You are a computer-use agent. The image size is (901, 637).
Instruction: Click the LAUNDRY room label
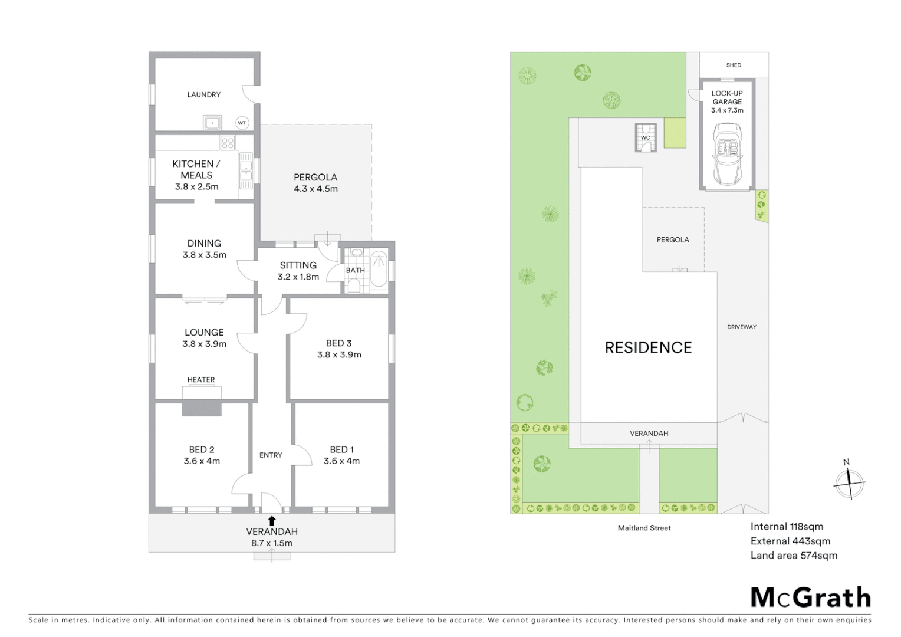[203, 94]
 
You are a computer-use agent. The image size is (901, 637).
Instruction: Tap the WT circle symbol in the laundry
[241, 123]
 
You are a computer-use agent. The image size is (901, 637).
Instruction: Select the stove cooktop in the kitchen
[228, 142]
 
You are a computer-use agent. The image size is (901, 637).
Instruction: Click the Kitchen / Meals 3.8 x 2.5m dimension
[196, 186]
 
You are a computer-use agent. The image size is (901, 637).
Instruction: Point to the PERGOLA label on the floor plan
[315, 177]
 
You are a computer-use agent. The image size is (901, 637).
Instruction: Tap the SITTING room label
[298, 265]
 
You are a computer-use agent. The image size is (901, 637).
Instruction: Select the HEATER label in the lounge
[201, 380]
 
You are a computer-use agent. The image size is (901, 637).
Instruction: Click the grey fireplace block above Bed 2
[202, 407]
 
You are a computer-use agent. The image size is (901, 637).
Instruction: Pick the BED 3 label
[338, 343]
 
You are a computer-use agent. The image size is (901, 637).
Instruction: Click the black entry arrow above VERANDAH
[272, 520]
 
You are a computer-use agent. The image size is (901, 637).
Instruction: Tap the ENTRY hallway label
[271, 455]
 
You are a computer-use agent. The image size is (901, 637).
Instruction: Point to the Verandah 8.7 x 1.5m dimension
[272, 543]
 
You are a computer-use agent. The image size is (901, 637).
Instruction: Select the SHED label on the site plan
[734, 65]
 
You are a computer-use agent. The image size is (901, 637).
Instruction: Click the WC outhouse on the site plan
[645, 137]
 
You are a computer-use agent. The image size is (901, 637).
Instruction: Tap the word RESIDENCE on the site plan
[648, 347]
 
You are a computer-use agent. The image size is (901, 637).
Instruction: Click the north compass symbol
[849, 482]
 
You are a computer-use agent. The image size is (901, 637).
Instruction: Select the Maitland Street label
[644, 528]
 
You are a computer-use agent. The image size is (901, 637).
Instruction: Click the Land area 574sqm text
[794, 555]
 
